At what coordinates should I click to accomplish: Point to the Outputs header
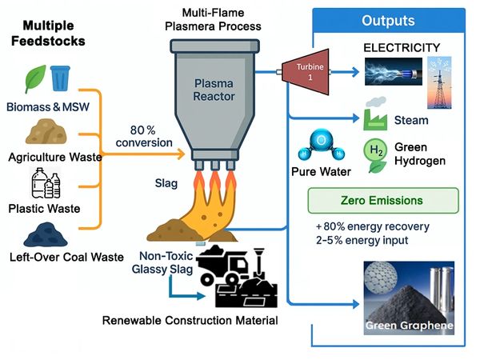pos(388,20)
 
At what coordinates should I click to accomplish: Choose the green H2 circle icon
pos(377,154)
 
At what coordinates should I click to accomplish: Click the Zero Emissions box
pos(382,199)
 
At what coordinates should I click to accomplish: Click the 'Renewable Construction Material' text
pos(190,321)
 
